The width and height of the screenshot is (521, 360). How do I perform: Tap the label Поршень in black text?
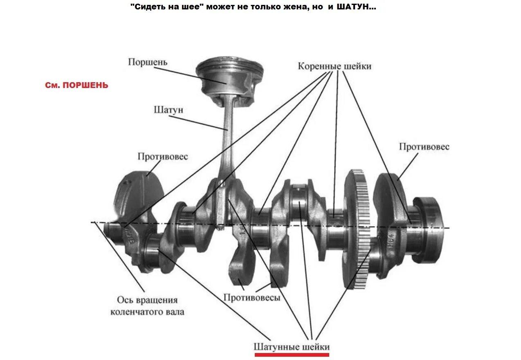148,62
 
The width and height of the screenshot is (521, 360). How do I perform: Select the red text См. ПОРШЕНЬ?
76,85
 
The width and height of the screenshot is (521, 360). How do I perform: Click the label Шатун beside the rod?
168,110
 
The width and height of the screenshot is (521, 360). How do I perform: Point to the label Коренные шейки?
335,66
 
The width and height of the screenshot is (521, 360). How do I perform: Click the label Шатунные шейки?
292,347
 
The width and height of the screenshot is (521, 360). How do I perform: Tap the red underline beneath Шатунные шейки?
292,355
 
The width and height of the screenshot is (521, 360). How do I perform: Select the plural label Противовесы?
252,297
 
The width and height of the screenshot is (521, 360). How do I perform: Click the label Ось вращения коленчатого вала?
147,306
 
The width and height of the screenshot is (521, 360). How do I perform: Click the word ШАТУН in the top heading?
356,7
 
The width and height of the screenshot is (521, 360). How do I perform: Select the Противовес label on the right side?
424,147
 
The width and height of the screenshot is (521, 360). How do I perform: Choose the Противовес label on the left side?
163,156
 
